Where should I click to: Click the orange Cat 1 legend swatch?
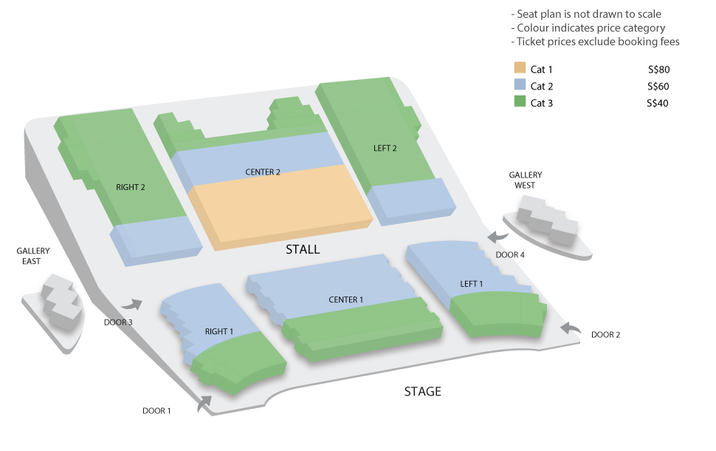click(520, 68)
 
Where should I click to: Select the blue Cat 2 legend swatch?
click(520, 84)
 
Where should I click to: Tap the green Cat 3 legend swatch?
click(520, 101)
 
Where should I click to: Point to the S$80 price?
click(658, 69)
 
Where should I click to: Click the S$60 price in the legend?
click(658, 87)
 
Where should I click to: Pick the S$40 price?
click(658, 104)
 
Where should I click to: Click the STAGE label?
click(422, 392)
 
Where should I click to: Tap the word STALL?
click(303, 249)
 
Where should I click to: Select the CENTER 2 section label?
click(263, 172)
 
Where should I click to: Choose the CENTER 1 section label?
click(345, 299)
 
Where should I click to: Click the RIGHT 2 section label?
click(130, 187)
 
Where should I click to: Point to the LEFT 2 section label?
click(385, 148)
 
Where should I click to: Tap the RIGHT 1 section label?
click(218, 331)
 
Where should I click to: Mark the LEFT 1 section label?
click(471, 284)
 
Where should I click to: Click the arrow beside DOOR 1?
click(204, 404)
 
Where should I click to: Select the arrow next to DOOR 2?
click(571, 328)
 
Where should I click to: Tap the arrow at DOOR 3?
click(132, 304)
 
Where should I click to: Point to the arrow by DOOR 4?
click(498, 237)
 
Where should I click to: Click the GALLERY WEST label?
click(525, 180)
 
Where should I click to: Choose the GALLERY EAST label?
click(33, 256)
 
